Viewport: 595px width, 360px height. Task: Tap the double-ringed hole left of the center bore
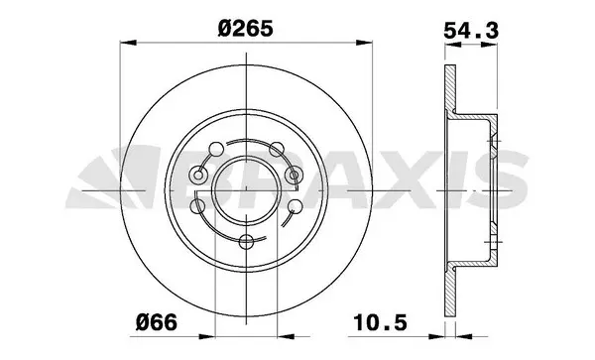pos(198,175)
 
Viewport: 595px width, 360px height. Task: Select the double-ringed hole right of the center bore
pos(292,175)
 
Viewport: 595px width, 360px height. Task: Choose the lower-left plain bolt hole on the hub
pos(198,206)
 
